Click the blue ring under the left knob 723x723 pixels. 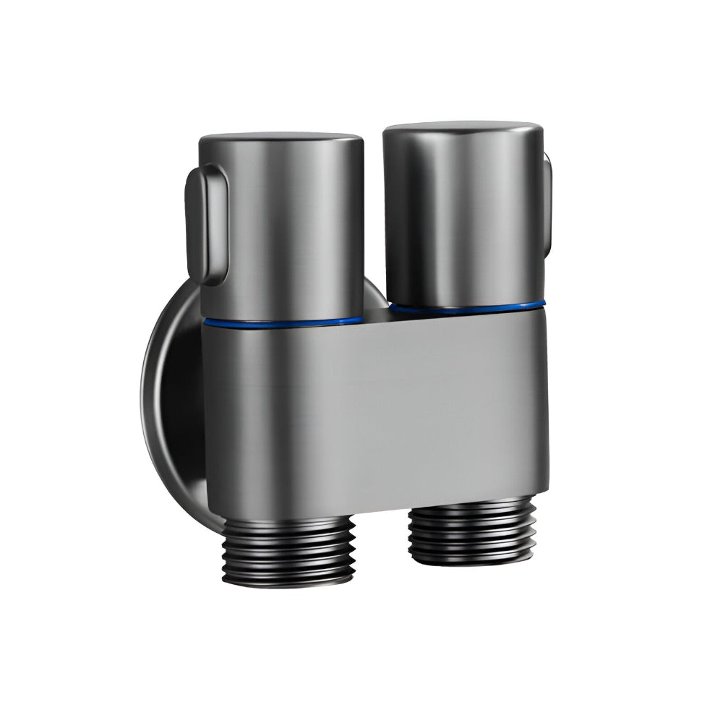pyautogui.click(x=283, y=320)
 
